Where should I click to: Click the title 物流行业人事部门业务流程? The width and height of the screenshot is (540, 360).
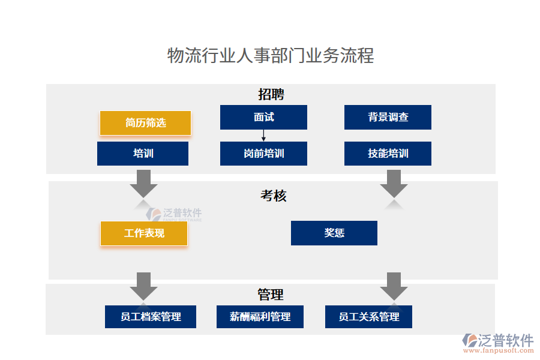[x=270, y=56]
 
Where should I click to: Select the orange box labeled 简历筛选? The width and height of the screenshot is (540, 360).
[x=145, y=123]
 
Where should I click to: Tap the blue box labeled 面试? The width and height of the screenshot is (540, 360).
[x=263, y=117]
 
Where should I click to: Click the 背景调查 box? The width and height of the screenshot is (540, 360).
[x=388, y=117]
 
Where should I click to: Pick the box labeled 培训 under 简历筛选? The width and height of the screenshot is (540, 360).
[x=143, y=154]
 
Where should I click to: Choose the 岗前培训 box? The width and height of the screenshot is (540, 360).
[x=263, y=154]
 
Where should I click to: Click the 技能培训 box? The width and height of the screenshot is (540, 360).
[x=388, y=154]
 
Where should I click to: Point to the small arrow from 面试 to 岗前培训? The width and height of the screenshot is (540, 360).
[x=263, y=136]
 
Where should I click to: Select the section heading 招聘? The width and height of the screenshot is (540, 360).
[x=271, y=94]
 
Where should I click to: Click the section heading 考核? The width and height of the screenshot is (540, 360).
[x=273, y=196]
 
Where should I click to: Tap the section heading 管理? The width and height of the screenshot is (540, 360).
[x=271, y=295]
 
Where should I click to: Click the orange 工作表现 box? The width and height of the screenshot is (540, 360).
[x=144, y=233]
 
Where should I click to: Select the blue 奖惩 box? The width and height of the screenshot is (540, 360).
[x=334, y=233]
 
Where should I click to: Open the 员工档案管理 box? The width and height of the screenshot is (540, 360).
[x=151, y=316]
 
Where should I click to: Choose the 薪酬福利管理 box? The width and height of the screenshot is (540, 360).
[x=260, y=316]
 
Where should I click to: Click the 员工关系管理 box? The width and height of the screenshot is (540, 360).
[x=368, y=316]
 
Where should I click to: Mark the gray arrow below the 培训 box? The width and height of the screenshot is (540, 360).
[x=143, y=183]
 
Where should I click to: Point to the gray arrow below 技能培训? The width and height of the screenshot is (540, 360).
[x=394, y=183]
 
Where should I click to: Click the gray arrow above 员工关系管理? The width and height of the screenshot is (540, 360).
[x=394, y=286]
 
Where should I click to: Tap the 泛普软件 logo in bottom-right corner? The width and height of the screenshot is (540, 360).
[x=497, y=343]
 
